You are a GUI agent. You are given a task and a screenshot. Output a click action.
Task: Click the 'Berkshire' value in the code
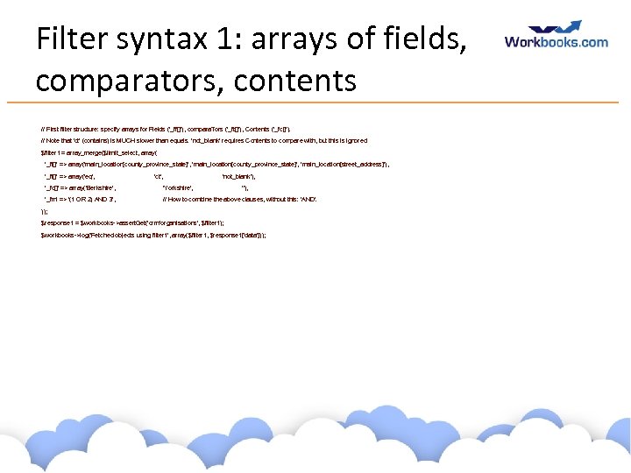(97, 187)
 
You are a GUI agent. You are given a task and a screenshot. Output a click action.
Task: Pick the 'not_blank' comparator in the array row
(238, 176)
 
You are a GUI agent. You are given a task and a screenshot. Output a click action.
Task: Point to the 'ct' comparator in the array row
(159, 176)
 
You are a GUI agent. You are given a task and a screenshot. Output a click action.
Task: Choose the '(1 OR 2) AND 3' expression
(96, 200)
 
